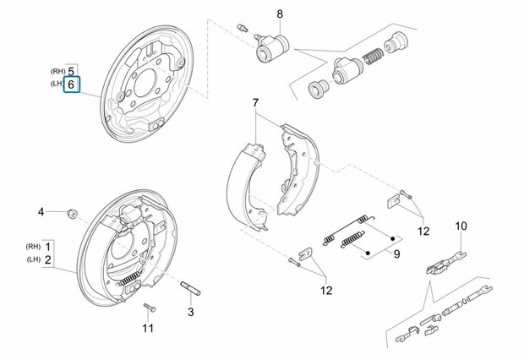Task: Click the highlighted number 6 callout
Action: (71, 85)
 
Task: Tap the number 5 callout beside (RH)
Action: (71, 71)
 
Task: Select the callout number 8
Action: (280, 14)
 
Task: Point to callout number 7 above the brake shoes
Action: (255, 103)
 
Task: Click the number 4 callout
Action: (41, 212)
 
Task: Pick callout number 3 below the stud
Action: (190, 312)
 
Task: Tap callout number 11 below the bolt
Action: (148, 328)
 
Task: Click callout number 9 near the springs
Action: (396, 254)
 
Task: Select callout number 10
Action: (461, 226)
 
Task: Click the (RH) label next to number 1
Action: (33, 247)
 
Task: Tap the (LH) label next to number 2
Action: (34, 259)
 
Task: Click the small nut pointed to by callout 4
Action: (73, 213)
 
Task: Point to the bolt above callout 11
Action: (149, 308)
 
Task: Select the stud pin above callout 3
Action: (190, 288)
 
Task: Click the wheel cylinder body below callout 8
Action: (271, 49)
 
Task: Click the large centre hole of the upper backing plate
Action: (145, 84)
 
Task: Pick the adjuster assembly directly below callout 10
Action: (445, 264)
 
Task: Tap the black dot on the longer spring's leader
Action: (393, 238)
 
